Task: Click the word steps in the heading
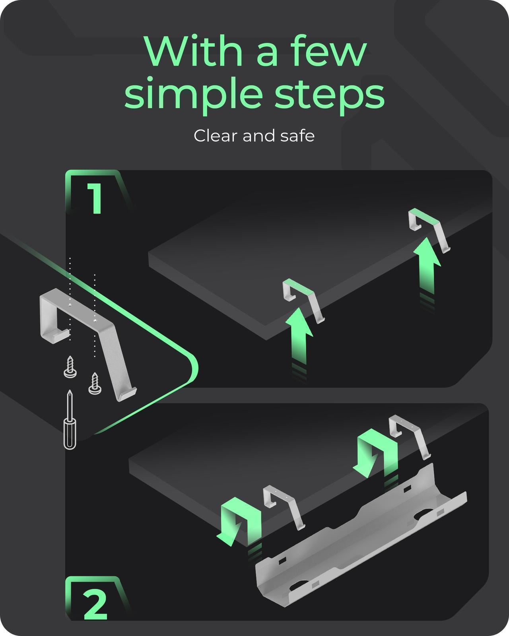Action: tap(330, 94)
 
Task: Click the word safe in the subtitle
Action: tap(297, 136)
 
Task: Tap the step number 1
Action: tap(95, 199)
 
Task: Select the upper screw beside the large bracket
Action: tap(70, 367)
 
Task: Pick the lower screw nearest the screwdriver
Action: tap(95, 383)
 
